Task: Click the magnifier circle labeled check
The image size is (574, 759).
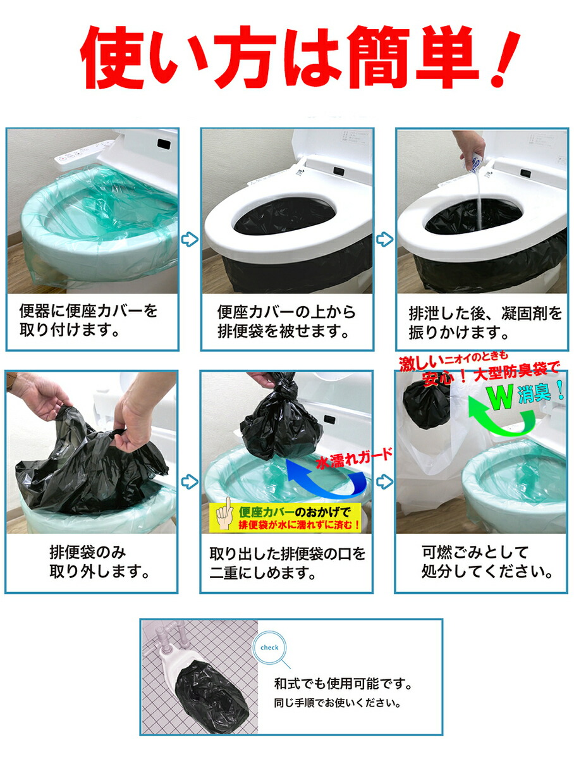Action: pos(269,648)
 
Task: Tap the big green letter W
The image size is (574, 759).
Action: pos(499,397)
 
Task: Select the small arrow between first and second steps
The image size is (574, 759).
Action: pos(190,239)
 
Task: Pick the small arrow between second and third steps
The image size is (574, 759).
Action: pos(384,239)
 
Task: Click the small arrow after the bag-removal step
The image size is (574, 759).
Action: pos(190,482)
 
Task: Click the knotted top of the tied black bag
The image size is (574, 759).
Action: pos(283,384)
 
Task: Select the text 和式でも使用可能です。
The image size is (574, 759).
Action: pos(343,684)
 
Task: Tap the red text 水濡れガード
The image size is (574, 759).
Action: pos(355,459)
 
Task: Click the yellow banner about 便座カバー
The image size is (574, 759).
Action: pos(286,517)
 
